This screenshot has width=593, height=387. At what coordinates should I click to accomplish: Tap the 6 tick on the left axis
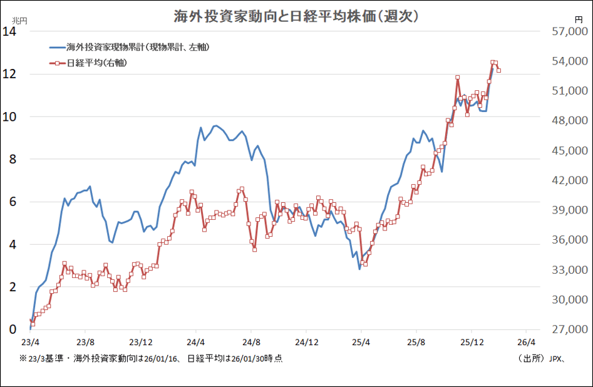point(12,202)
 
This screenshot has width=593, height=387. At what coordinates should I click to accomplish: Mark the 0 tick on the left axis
point(12,329)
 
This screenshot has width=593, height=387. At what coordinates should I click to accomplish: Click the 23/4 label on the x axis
point(30,343)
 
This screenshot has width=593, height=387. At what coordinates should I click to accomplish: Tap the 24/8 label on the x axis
point(251,343)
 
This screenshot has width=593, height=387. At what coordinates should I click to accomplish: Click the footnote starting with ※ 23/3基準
point(151,359)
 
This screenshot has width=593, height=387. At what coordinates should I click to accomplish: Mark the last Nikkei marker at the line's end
point(498,70)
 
